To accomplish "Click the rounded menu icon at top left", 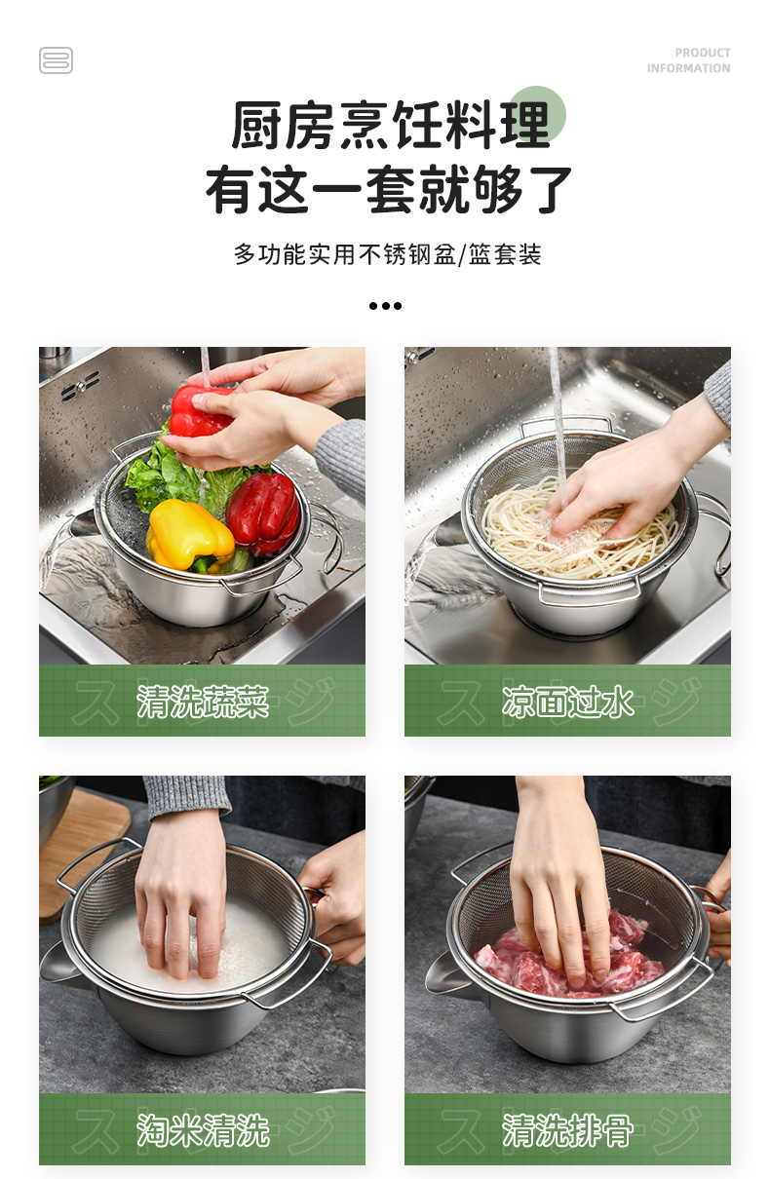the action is (56, 60).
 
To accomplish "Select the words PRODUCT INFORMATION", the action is (688, 60).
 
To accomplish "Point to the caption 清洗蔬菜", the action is (202, 702).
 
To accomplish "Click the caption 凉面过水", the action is (567, 702).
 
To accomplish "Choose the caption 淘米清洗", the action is (202, 1129).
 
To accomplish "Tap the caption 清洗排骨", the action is (567, 1129).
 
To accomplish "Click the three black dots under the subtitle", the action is (385, 306).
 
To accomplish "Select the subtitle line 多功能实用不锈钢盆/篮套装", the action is (388, 254).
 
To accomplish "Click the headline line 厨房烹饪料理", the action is (391, 125).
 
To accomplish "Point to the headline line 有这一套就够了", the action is (389, 189).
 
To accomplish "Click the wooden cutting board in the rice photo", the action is (79, 848).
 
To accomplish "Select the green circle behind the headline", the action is (537, 114).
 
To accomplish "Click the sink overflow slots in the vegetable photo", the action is (81, 386).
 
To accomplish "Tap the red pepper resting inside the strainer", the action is (263, 513).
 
